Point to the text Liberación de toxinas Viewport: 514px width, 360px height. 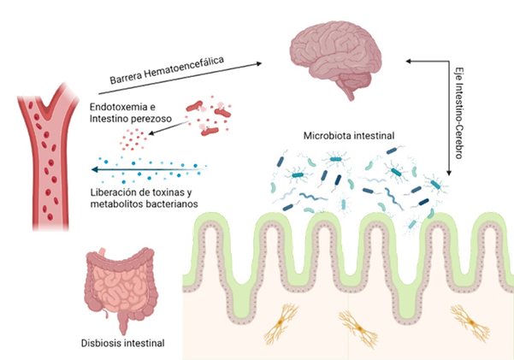[x=141, y=193]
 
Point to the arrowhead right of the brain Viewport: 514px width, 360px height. [x=408, y=61]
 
